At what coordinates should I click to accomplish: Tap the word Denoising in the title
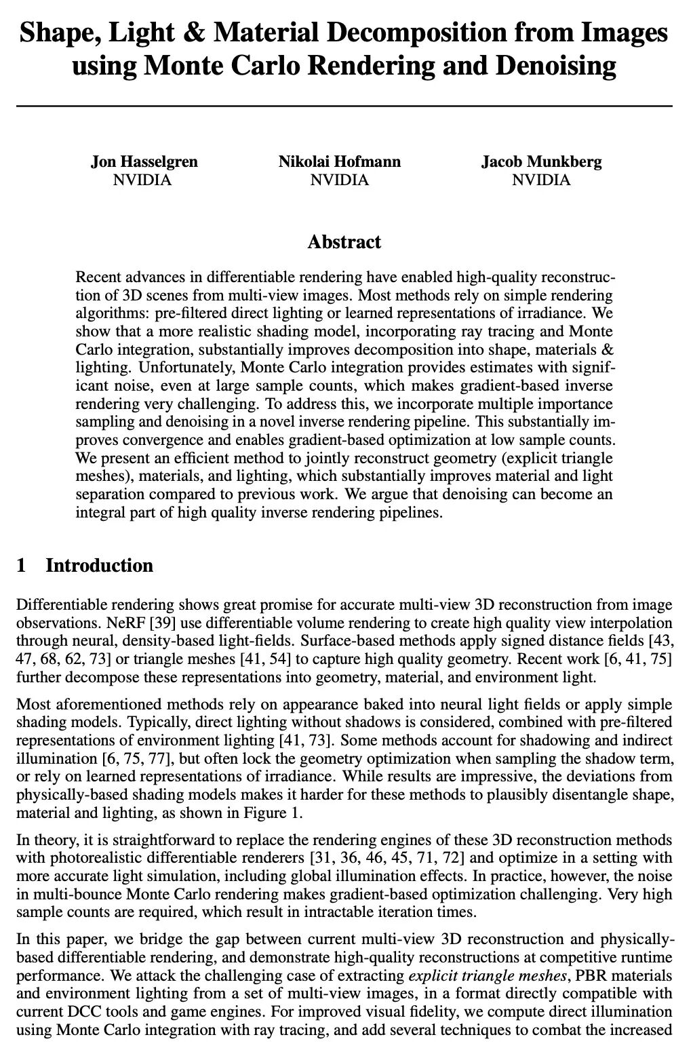(x=556, y=66)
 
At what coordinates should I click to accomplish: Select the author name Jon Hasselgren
(x=144, y=162)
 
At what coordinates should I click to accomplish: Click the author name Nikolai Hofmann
(x=339, y=162)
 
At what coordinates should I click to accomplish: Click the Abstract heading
(x=344, y=242)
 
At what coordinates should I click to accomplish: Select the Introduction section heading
(x=99, y=566)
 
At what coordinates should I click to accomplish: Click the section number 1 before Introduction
(x=21, y=566)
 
